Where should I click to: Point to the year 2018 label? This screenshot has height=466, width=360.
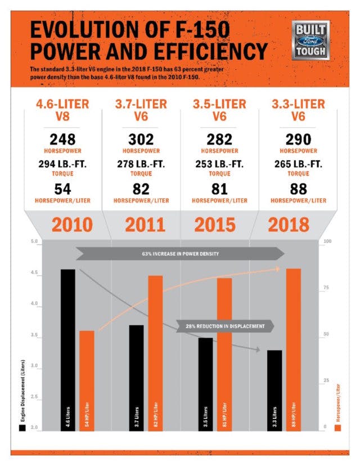pyautogui.click(x=289, y=224)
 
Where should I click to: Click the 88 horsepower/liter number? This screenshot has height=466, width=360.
pyautogui.click(x=298, y=189)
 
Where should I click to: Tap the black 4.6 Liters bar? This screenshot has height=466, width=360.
pyautogui.click(x=67, y=349)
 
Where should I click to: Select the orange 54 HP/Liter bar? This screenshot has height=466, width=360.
pyautogui.click(x=87, y=380)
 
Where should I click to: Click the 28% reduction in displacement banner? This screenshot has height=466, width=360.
pyautogui.click(x=225, y=326)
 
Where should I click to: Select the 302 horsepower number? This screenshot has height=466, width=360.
pyautogui.click(x=142, y=139)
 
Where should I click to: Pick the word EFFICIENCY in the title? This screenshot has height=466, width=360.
pyautogui.click(x=202, y=52)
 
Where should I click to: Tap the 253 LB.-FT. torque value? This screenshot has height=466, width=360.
pyautogui.click(x=220, y=163)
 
